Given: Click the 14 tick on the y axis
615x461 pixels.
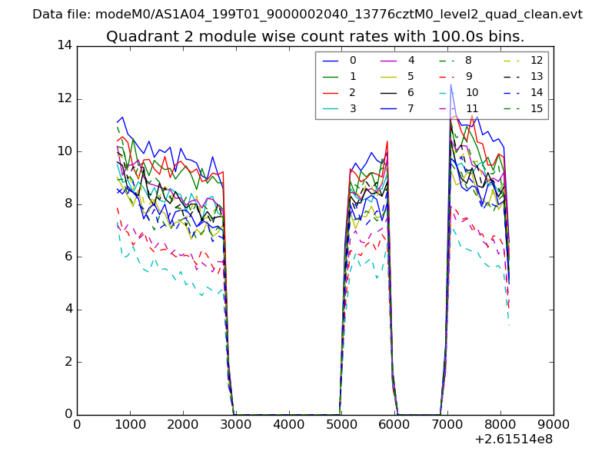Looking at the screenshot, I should (65, 45).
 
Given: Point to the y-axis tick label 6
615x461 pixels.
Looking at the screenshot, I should (68, 257).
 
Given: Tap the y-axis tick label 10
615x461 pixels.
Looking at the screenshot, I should (65, 151).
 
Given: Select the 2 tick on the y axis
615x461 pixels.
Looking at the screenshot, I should (68, 362).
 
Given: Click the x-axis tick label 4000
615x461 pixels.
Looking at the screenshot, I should (289, 423).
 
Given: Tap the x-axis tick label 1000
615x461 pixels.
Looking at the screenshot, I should (130, 423).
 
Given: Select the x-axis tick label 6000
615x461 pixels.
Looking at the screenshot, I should (395, 423).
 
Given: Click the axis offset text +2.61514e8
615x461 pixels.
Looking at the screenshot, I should (514, 439).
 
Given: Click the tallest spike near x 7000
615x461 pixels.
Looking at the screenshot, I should (451, 85).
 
